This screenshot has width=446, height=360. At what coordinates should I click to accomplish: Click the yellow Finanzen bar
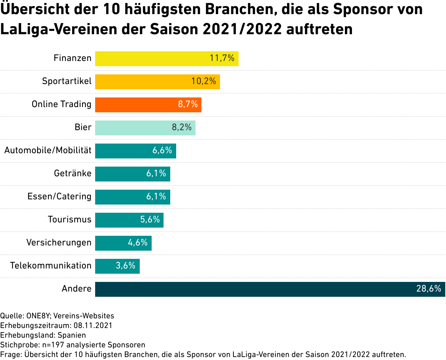167,59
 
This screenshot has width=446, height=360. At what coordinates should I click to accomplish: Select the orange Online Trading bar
148,105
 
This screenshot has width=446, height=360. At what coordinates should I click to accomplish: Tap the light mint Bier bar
145,128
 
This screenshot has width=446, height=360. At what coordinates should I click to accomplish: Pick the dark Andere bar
270,289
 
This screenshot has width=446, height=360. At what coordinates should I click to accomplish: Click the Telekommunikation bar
117,266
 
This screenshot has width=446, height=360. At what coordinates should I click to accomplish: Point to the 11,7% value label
222,58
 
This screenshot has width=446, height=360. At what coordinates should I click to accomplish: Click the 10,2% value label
204,81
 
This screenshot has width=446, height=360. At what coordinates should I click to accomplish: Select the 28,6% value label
429,289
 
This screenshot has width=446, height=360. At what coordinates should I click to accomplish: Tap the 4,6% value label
138,242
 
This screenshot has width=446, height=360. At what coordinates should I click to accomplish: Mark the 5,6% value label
150,219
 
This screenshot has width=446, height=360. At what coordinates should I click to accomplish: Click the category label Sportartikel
67,81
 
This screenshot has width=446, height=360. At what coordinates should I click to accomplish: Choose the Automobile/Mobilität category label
48,150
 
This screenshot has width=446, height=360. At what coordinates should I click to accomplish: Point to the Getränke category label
72,173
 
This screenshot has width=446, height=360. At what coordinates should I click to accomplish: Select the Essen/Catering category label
59,196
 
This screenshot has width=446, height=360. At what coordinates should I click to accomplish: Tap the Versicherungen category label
59,242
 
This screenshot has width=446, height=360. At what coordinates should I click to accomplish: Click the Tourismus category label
70,219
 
